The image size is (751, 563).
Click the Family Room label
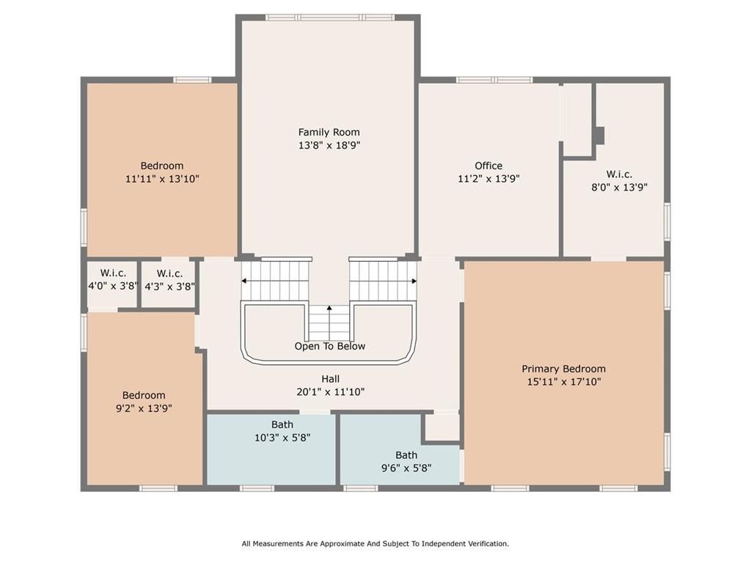coord(329,132)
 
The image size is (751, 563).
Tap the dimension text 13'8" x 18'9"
coord(329,145)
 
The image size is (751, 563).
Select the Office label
coord(488,166)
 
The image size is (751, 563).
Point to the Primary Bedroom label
coord(563,369)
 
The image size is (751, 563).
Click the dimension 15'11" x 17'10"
coord(564,381)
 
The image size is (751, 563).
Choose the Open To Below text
coord(329,346)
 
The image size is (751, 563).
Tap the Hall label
coord(331,379)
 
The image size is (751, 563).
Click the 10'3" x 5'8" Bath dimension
coord(282,438)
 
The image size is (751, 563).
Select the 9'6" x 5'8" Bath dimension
coord(406,468)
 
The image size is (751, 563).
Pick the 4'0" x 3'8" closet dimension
coord(113,287)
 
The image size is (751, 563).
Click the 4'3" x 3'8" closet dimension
coord(169,287)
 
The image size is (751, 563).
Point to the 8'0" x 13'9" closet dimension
coord(619,187)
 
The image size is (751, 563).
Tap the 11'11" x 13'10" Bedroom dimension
coord(162,179)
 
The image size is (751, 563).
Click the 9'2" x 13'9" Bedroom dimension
coord(144,408)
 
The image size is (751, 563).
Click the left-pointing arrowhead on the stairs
coord(243,281)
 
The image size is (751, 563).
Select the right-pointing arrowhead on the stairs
coord(414,281)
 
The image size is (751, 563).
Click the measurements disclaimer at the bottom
coord(375,544)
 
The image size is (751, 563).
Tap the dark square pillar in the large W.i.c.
coord(599,136)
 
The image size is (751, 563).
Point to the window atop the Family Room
coord(331,18)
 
